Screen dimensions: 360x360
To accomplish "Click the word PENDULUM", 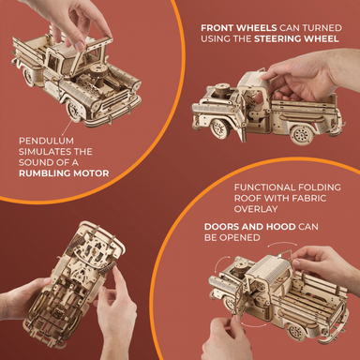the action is coord(46,141).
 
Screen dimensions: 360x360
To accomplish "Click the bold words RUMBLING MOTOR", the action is coord(64,173).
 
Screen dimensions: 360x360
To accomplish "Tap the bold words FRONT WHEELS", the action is coord(239,28).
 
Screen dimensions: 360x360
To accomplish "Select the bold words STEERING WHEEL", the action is coord(296,38).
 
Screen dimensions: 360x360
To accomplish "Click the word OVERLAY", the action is coord(256,209).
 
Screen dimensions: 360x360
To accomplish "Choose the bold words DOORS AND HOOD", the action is coord(249,227).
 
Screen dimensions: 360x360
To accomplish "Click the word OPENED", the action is coord(244,237).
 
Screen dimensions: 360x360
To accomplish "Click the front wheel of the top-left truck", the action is coord(74,110).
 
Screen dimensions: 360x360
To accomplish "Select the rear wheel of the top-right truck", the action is coord(302,135).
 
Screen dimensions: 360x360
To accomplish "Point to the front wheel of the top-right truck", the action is coord(220,127).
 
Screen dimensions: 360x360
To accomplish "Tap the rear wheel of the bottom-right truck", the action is coord(295,332).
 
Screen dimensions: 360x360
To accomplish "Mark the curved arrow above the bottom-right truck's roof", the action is coord(282,243).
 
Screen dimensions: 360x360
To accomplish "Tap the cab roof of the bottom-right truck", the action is coord(268,265).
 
